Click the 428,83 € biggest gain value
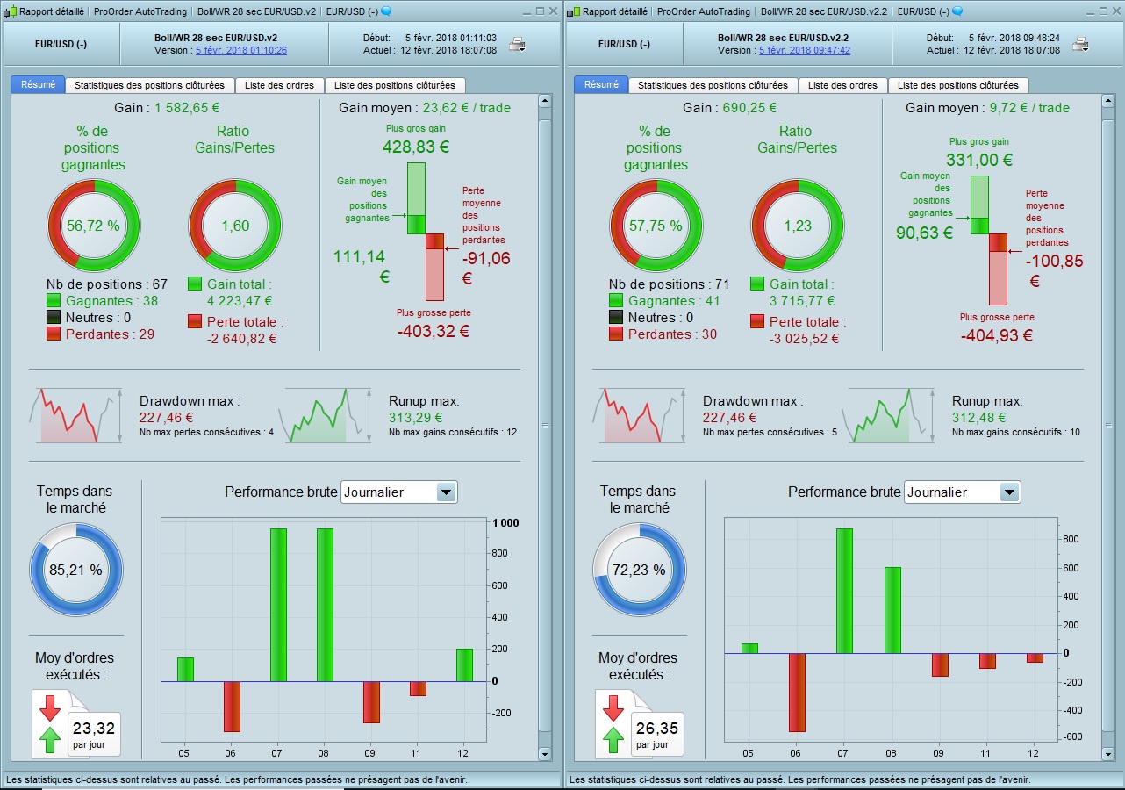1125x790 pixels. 415,147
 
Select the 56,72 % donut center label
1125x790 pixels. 93,226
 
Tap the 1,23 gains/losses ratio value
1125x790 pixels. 798,226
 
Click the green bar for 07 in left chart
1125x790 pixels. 279,605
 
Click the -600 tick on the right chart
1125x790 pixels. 1072,737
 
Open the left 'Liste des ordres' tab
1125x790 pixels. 279,85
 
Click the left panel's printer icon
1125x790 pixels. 518,45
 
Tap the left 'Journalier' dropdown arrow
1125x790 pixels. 447,492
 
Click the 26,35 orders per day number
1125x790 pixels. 656,728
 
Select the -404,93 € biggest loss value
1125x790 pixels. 997,335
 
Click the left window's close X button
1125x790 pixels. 553,11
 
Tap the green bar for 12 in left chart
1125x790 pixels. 464,664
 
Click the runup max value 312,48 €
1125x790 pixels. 978,418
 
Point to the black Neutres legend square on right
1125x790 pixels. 617,318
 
